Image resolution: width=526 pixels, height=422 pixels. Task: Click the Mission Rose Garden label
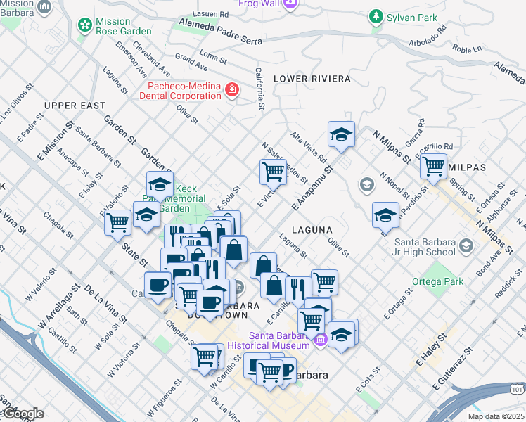[124, 25]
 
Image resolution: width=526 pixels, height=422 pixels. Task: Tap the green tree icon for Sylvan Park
[377, 17]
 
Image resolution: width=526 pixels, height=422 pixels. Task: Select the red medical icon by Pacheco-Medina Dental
[231, 90]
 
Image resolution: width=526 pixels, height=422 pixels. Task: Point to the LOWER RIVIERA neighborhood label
[302, 78]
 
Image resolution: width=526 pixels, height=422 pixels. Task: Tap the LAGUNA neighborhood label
[309, 229]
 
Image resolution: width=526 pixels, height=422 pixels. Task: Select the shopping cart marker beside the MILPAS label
[433, 166]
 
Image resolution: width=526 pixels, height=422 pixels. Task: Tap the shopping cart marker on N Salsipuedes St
[272, 170]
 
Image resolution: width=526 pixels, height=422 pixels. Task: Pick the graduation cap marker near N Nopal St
[385, 215]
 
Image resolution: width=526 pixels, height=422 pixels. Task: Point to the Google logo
[23, 414]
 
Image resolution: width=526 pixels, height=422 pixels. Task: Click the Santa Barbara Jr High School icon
[466, 246]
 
